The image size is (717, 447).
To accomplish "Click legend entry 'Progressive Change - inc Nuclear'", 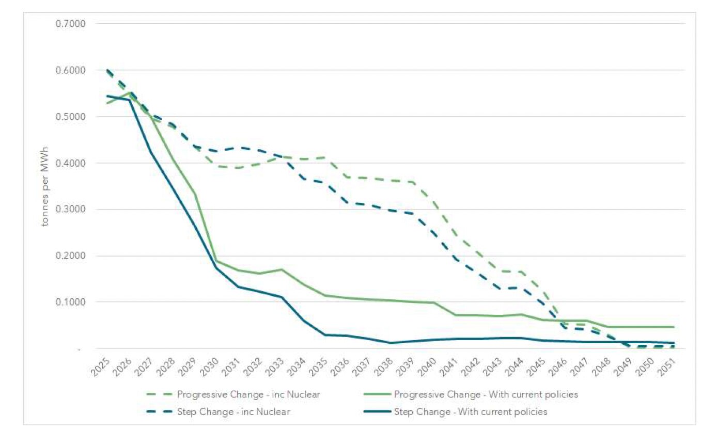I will click(248, 395).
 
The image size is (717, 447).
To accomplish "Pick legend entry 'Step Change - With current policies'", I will click(471, 412).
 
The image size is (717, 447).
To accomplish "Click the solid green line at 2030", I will click(216, 261).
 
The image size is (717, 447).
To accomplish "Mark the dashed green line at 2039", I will click(412, 182).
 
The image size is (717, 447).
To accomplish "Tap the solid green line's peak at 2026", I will click(130, 92).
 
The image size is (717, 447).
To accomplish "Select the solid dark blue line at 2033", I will click(282, 297).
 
